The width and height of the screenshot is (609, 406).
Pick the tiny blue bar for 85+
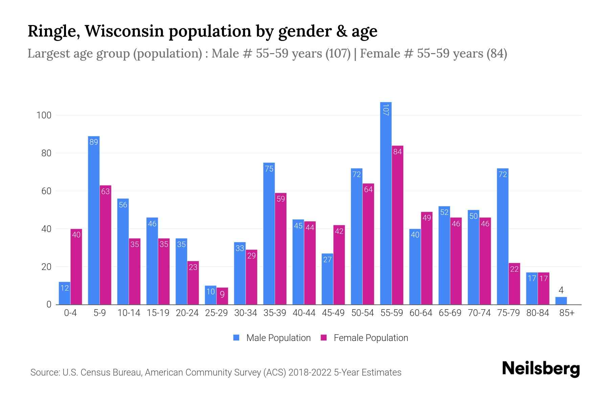(x=561, y=301)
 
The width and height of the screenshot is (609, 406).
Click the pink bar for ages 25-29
(x=222, y=296)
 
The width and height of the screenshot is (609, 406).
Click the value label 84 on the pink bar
(x=398, y=152)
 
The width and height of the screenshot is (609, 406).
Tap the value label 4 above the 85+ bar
(x=561, y=290)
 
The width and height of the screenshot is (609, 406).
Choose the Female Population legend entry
(x=364, y=338)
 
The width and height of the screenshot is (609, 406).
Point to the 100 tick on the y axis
(x=44, y=115)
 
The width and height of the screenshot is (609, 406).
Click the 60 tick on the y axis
(x=46, y=191)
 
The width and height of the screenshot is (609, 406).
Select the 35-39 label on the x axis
(x=275, y=313)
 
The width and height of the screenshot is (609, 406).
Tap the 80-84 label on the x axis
(x=538, y=313)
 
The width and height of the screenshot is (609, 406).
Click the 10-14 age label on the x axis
(x=129, y=313)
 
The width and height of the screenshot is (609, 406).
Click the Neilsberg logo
(x=541, y=369)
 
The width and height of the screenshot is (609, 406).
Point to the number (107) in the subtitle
(x=338, y=53)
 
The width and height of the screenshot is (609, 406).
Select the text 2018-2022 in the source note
(x=310, y=373)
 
